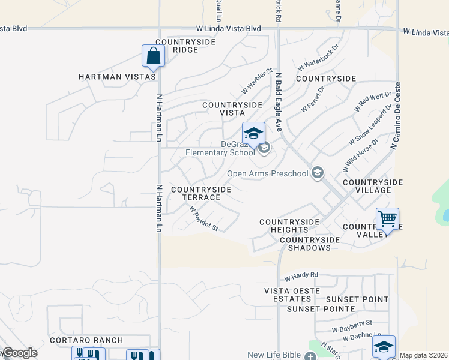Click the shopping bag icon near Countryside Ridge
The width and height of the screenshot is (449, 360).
point(153,56)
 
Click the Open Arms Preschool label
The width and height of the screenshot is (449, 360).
point(267,174)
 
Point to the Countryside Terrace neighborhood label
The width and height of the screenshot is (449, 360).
point(201,193)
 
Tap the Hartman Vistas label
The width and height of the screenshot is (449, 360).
point(117,77)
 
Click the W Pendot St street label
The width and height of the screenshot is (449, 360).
point(203,219)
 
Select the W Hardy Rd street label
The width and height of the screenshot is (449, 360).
point(301,276)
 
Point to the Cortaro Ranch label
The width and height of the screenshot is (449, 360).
point(86,340)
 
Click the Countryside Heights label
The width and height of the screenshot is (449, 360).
point(289,226)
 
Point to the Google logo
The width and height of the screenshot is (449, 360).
point(19,353)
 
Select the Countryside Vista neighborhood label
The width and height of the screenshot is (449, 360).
point(232,109)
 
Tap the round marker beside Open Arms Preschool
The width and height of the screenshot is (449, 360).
point(317,174)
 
